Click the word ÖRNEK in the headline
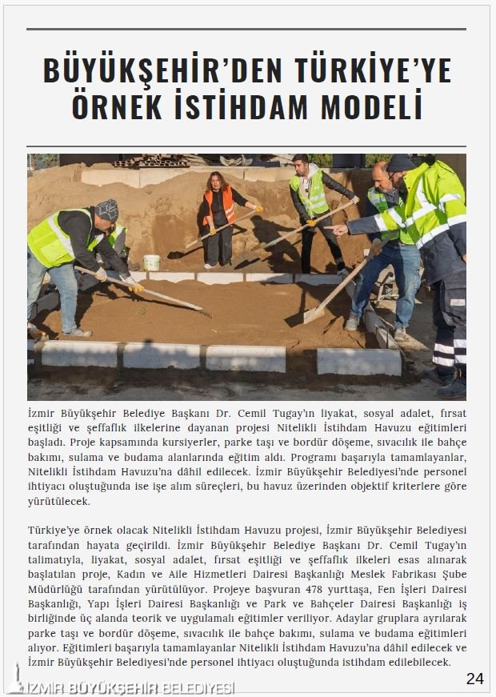coord(119,106)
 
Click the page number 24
coord(474,679)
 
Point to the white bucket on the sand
coord(151,262)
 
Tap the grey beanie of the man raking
coord(107,210)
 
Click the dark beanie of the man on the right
coord(399,163)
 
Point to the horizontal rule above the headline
coord(246,30)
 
